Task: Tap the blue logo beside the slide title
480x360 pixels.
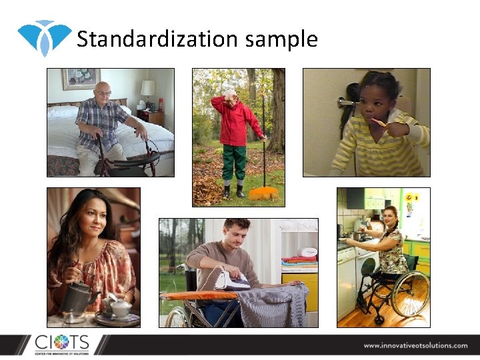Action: click(x=44, y=37)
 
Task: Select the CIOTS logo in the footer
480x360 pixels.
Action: click(x=61, y=344)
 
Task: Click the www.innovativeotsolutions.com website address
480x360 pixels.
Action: click(x=415, y=345)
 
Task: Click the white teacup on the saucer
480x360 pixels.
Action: click(x=120, y=308)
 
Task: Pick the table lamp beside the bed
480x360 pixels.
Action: click(x=147, y=89)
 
